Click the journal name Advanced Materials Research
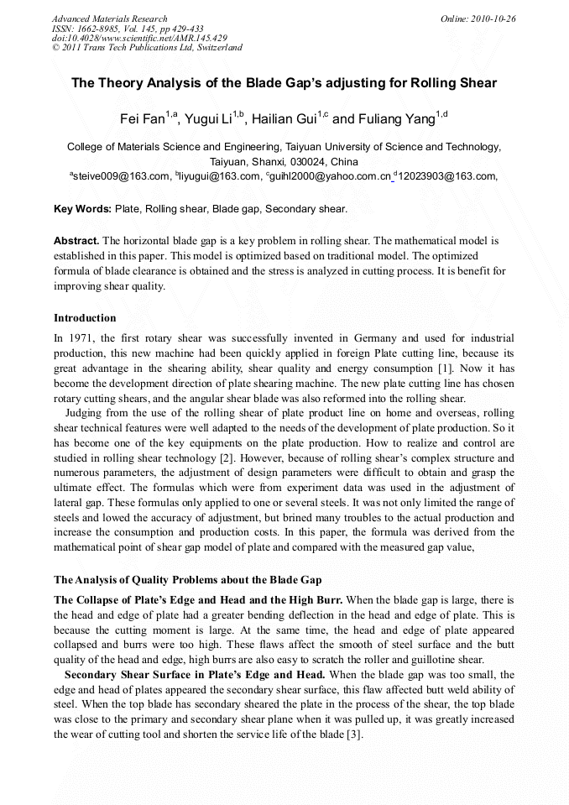(109, 18)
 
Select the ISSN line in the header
(126, 28)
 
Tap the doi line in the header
(139, 38)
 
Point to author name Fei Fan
(144, 118)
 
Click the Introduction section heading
(85, 318)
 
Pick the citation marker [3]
(355, 734)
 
